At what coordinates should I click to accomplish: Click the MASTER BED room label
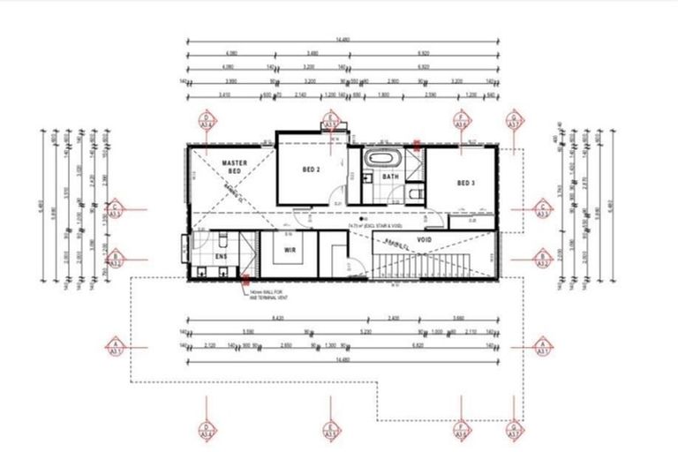(233, 168)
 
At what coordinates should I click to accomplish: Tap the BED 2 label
(311, 169)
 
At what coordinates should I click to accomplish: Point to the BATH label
(390, 177)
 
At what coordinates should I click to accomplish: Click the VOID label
(423, 238)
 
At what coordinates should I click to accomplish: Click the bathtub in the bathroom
(384, 161)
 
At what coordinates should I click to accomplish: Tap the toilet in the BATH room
(417, 192)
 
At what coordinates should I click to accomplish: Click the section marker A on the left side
(114, 345)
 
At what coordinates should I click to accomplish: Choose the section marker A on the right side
(543, 345)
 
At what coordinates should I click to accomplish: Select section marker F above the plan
(461, 120)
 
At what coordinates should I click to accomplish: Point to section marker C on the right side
(543, 209)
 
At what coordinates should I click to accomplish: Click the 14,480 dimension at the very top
(343, 38)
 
